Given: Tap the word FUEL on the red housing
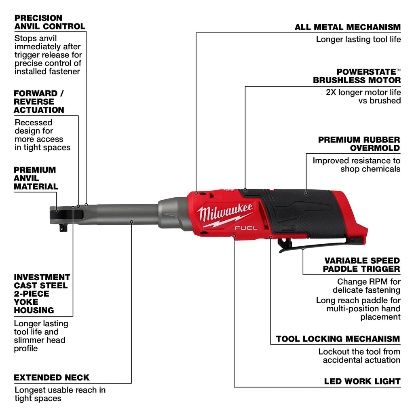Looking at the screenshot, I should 245,229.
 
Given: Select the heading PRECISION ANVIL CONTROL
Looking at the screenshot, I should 50,22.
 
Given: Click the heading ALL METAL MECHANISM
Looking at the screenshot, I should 347,27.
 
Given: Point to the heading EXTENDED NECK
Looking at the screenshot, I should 52,378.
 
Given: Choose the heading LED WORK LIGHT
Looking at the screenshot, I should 362,381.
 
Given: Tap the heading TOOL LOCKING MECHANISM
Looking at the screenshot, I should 338,339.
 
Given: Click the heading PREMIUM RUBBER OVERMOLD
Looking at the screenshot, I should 359,144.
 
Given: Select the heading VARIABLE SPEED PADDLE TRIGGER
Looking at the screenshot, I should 362,265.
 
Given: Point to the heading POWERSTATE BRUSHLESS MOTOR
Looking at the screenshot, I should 357,76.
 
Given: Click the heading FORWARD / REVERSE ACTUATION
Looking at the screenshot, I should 39,101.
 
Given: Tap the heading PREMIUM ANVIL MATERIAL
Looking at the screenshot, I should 36,178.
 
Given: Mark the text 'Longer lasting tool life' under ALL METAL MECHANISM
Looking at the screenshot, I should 358,39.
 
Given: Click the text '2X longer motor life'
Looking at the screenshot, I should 363,92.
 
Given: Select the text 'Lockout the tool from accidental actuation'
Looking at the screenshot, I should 359,356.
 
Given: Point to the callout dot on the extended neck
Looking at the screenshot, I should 132,222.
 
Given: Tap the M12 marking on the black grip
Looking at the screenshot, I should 290,228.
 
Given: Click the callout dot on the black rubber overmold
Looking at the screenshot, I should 306,193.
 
